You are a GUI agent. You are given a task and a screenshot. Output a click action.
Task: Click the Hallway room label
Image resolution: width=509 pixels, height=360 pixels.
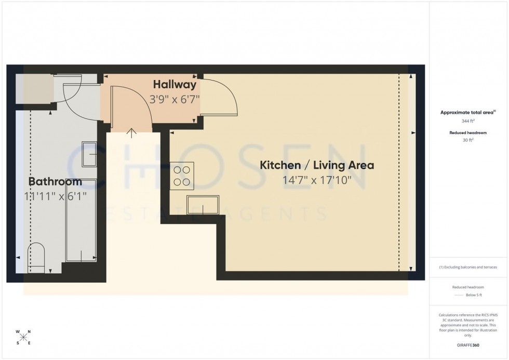(x=175, y=85)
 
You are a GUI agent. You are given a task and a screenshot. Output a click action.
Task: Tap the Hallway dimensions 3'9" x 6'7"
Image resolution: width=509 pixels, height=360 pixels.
(x=175, y=98)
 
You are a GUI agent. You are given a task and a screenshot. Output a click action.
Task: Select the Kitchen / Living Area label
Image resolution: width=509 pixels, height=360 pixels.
(x=317, y=166)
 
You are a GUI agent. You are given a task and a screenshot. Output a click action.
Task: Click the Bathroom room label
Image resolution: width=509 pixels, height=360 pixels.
(x=55, y=182)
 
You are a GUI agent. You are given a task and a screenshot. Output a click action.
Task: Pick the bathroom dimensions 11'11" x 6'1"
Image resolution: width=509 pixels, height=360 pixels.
(x=55, y=196)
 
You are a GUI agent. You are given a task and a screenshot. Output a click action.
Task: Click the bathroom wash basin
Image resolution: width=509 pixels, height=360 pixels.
(x=89, y=154)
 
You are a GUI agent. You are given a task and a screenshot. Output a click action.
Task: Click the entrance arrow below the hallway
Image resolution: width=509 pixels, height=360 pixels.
(x=131, y=133)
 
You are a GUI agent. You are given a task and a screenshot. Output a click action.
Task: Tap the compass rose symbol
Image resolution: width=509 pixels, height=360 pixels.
(x=23, y=337)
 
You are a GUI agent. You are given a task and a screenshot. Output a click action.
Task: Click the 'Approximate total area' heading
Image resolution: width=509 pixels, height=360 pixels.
(x=466, y=112)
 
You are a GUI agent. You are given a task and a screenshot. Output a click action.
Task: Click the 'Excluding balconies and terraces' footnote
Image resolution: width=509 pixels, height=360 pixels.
(x=468, y=268)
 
